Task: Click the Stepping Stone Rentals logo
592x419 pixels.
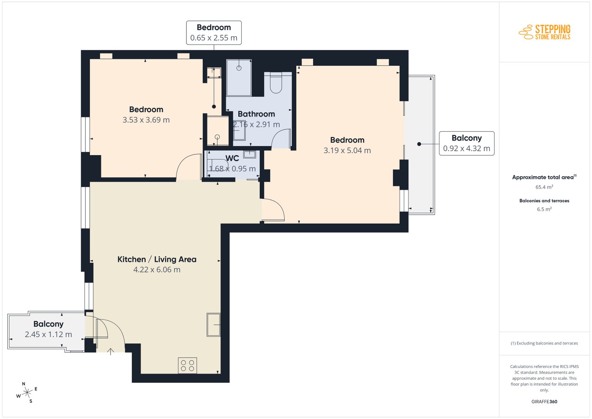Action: pos(545,32)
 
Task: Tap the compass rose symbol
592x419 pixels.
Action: pos(27,393)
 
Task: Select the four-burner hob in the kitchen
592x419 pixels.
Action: pos(187,365)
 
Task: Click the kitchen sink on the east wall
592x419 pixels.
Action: pos(213,325)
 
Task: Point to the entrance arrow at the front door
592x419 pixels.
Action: pos(111,352)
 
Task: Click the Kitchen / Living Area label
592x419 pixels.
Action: pos(157,259)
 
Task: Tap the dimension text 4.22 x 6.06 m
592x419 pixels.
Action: pos(157,269)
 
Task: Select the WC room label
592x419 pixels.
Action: pos(232,158)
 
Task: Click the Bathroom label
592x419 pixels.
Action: pos(256,114)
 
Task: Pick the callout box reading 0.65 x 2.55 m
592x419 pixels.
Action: pos(214,33)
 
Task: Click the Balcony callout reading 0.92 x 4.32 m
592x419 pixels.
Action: pos(467,143)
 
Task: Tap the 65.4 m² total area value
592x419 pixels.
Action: pos(544,187)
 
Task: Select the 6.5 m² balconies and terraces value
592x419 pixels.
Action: pos(544,209)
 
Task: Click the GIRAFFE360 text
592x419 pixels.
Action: pos(544,402)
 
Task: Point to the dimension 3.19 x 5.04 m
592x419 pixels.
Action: pos(347,150)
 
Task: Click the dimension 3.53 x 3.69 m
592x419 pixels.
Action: pos(146,120)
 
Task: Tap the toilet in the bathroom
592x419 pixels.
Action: pos(276,83)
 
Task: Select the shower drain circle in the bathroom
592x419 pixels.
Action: pos(239,68)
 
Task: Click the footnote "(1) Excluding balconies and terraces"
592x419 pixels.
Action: pos(544,343)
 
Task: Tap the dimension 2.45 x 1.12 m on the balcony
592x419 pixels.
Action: pos(48,334)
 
